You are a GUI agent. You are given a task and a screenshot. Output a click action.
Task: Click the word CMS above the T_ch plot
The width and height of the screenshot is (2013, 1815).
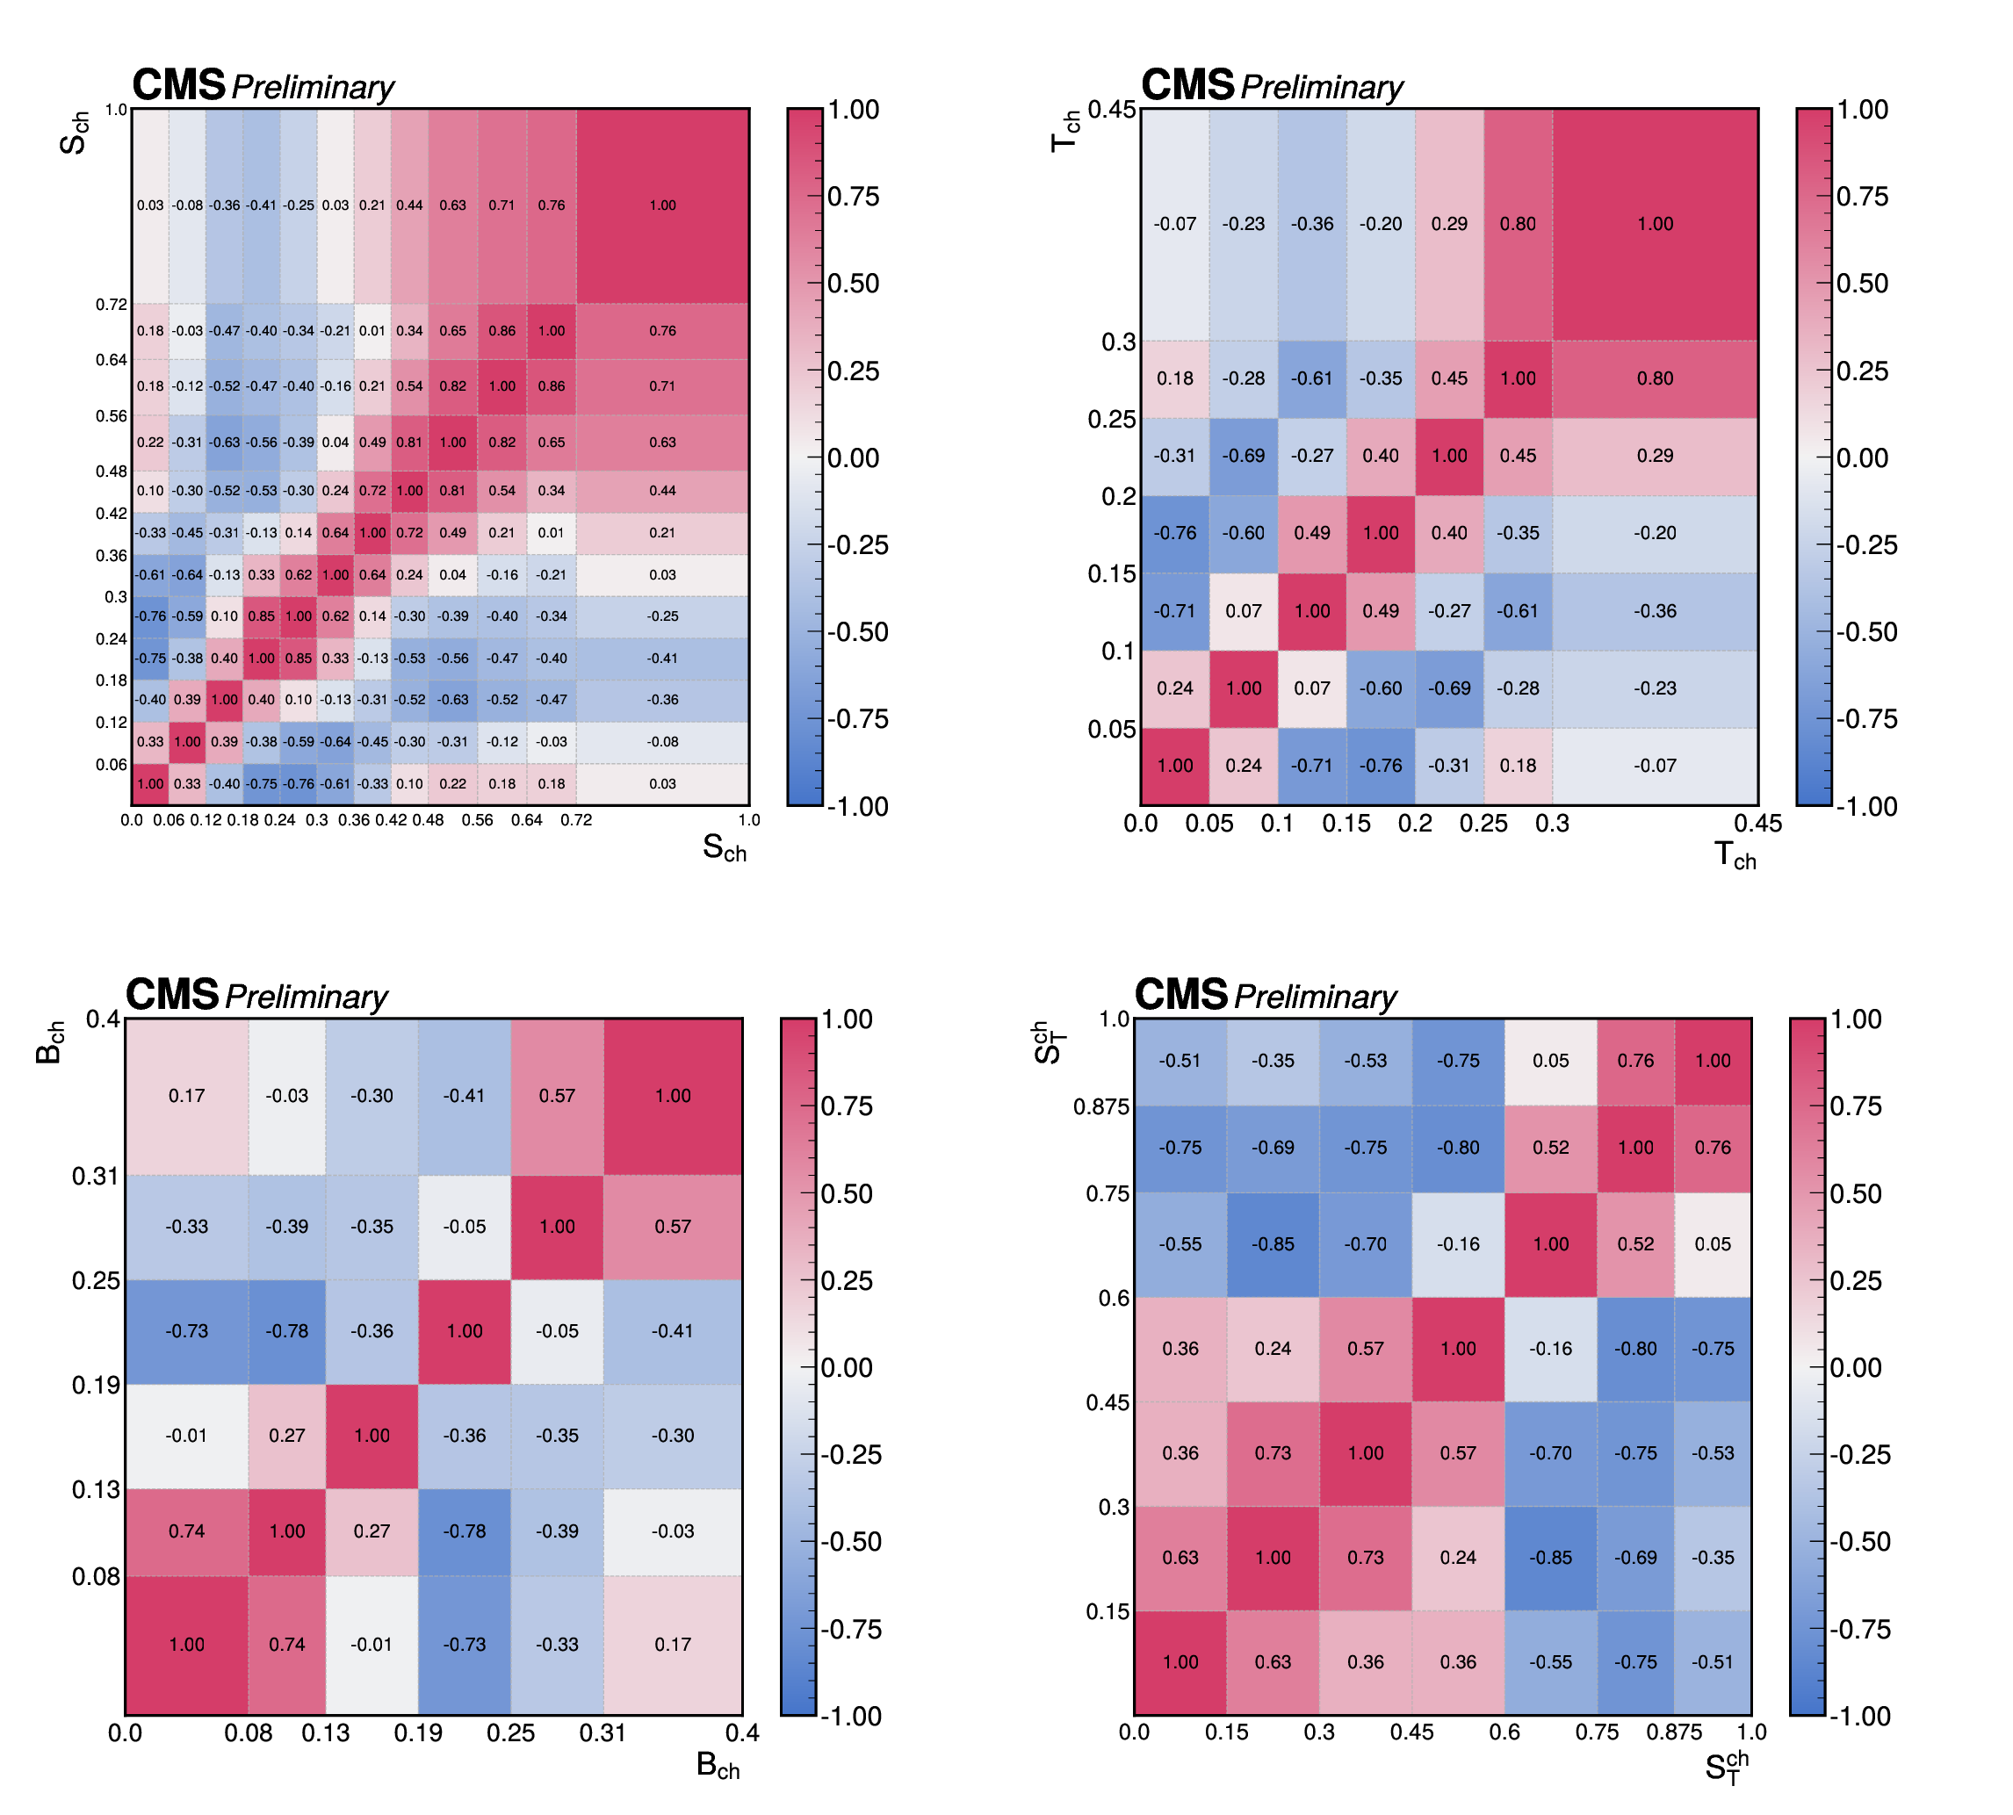point(1187,85)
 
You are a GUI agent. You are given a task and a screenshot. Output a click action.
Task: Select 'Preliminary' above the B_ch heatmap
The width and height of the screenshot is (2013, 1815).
point(307,997)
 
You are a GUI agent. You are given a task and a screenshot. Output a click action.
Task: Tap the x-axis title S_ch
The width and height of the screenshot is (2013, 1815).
point(725,847)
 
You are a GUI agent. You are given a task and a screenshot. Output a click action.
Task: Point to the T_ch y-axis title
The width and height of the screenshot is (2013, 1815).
point(1065,132)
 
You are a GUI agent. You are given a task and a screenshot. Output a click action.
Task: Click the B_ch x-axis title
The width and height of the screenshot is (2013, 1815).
point(718,1765)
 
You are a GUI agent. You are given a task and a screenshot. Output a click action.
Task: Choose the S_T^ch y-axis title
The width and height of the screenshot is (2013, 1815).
point(1049,1042)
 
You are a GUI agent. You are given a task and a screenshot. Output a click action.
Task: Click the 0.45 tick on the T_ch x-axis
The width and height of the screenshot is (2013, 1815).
point(1757,824)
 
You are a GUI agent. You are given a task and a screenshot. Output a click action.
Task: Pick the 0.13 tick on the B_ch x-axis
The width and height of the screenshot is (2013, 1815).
point(325,1733)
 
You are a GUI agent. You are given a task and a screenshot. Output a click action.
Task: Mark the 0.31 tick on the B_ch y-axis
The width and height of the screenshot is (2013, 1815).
point(96,1176)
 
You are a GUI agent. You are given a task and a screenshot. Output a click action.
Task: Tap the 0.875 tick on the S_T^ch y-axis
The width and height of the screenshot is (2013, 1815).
point(1101,1106)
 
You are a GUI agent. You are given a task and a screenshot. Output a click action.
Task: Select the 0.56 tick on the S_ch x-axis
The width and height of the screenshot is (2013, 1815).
point(477,820)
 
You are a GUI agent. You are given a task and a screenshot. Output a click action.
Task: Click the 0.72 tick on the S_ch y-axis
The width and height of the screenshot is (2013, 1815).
point(111,304)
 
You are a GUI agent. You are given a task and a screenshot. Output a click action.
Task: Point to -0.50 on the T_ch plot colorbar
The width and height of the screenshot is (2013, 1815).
point(1866,632)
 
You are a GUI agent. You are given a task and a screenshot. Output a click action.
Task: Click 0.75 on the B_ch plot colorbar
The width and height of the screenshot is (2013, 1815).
point(846,1106)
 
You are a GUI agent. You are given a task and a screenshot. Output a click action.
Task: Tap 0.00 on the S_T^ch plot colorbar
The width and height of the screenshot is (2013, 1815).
point(1856,1367)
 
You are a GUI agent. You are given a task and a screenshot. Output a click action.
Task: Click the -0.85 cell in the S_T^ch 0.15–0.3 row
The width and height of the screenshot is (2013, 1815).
point(1550,1557)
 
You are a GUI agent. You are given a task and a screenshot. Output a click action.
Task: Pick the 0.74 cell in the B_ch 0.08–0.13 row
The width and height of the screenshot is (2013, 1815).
point(186,1531)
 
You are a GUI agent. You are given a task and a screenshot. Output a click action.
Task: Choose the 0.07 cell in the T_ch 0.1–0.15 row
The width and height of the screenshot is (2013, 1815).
point(1243,610)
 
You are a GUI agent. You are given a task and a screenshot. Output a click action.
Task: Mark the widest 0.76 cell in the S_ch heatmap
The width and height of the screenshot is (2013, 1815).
point(662,330)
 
